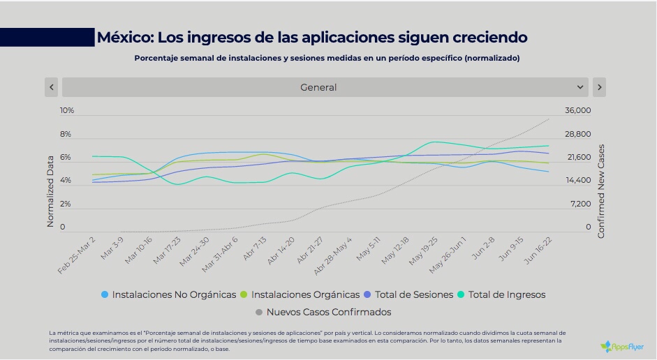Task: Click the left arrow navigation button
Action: (x=52, y=87)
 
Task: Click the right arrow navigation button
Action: (x=599, y=87)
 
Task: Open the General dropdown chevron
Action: (x=580, y=87)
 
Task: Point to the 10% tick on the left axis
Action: (x=67, y=110)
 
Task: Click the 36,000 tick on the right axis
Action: (x=578, y=110)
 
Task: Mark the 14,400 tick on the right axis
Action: (x=578, y=181)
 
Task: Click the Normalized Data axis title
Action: (x=50, y=191)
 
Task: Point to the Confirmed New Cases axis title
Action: (x=601, y=191)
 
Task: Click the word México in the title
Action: (x=122, y=37)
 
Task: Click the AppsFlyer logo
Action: (x=622, y=346)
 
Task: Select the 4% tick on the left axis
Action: (x=65, y=181)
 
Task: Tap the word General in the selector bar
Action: (x=318, y=87)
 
